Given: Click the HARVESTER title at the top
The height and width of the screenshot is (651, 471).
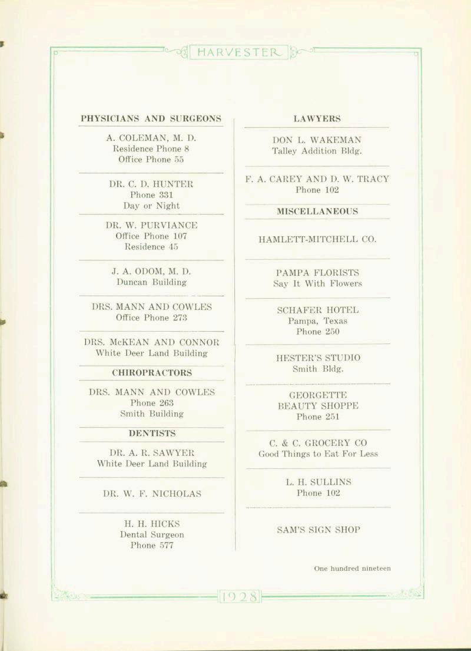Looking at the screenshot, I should [x=239, y=52].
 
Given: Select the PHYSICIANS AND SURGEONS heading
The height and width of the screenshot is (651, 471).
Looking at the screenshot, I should [x=151, y=118].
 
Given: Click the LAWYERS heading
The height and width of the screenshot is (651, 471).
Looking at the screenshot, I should [x=317, y=118].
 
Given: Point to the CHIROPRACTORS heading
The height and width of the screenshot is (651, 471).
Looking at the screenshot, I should [x=151, y=372].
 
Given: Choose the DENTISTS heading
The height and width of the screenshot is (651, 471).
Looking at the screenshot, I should [x=152, y=433].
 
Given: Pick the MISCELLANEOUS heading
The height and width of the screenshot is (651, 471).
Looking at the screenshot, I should [x=317, y=211].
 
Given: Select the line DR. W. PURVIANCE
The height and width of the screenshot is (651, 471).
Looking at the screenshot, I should [x=151, y=225].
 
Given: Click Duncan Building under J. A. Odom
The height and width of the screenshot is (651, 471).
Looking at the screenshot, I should [x=151, y=282].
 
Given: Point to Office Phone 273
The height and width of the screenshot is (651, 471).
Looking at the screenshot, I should [x=151, y=318].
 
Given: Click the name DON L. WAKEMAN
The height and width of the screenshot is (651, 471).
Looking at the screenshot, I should [x=317, y=140].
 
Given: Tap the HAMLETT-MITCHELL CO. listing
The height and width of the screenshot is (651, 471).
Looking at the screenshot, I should [x=317, y=239].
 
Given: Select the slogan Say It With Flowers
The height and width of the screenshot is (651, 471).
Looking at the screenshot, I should [x=317, y=283].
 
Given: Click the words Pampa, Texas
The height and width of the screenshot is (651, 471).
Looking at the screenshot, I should [x=317, y=321].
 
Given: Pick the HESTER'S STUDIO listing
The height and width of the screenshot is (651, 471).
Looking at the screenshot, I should [x=317, y=358].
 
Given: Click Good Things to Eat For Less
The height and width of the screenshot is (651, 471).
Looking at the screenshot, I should [x=318, y=454].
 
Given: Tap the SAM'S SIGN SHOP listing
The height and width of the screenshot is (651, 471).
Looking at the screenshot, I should [x=317, y=529].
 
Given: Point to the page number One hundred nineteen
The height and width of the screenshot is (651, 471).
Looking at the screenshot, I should [x=352, y=569].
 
